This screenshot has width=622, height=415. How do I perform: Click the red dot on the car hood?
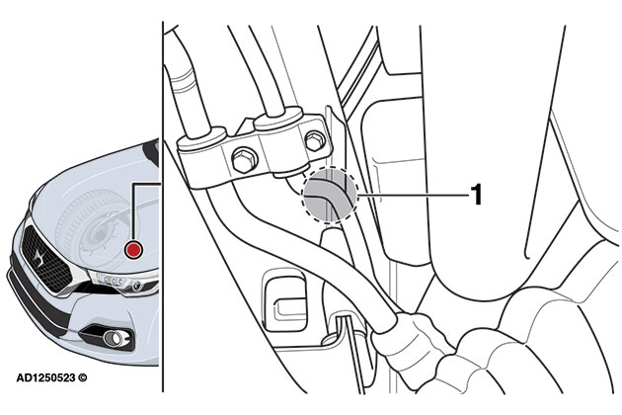(x=133, y=250)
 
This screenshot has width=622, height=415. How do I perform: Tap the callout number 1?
(x=476, y=195)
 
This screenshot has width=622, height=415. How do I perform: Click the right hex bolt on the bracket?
(x=315, y=140)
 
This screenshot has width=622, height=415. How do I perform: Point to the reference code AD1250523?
(x=45, y=377)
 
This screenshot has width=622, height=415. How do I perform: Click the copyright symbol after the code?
(x=83, y=377)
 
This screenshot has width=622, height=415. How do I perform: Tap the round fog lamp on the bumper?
(x=115, y=338)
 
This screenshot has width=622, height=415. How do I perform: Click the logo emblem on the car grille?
(x=39, y=258)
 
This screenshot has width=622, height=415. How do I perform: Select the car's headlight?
(x=123, y=284)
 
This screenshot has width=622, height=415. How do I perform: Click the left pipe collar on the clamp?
(x=201, y=137)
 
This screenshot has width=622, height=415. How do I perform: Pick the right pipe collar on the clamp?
(x=278, y=118)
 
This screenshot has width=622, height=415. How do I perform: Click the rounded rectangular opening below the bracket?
(x=284, y=300)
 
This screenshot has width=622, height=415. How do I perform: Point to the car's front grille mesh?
(x=44, y=260)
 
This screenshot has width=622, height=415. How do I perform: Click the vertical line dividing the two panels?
(x=163, y=207)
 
